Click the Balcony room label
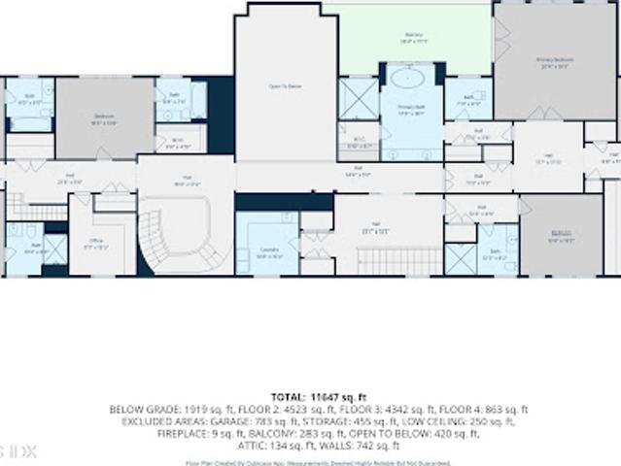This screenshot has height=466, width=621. tap(414, 37)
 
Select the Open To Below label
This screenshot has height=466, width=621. tap(285, 86)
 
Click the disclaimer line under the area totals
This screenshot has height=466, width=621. tap(310, 460)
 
